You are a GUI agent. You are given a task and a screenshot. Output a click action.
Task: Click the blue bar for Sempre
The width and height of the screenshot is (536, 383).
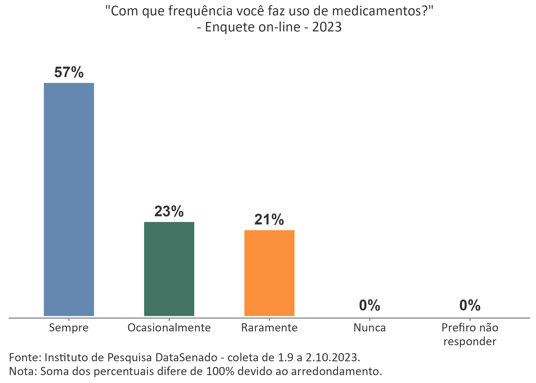coord(69,199)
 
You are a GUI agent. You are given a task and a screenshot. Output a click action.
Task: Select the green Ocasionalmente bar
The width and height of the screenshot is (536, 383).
coord(169,269)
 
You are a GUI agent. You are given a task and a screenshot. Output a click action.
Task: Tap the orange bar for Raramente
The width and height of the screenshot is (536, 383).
coord(269,273)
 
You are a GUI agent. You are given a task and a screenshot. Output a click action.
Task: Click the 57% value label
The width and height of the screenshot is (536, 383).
coord(69,72)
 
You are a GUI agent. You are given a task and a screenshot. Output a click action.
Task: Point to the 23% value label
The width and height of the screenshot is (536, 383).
coord(169,211)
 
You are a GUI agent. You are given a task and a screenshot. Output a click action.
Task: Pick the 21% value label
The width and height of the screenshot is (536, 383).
coord(269,220)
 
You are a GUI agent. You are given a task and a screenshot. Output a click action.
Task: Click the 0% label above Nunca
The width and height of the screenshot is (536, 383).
coord(370,305)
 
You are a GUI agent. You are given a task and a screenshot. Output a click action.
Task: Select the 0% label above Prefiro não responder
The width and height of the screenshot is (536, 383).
coord(470,305)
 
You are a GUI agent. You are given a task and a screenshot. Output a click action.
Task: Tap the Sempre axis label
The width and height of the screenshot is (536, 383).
coord(69,328)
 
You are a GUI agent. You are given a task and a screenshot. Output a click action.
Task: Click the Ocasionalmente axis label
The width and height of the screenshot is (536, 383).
coord(169,328)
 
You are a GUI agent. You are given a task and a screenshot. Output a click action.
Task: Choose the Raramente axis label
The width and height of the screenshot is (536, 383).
coord(269,328)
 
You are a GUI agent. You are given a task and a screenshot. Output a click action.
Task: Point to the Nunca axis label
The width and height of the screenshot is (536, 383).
coord(370,328)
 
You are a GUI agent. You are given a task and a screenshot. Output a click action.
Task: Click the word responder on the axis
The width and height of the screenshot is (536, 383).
coord(470,342)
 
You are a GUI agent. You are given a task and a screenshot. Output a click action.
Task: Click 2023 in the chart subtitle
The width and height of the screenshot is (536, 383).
coord(327,27)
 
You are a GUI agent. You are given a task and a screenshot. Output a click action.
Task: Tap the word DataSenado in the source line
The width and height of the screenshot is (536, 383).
coord(186,357)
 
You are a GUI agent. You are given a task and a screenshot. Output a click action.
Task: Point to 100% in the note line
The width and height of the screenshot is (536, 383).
coord(220,371)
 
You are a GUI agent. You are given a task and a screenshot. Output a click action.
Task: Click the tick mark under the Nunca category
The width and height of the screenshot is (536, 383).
coord(370,320)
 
